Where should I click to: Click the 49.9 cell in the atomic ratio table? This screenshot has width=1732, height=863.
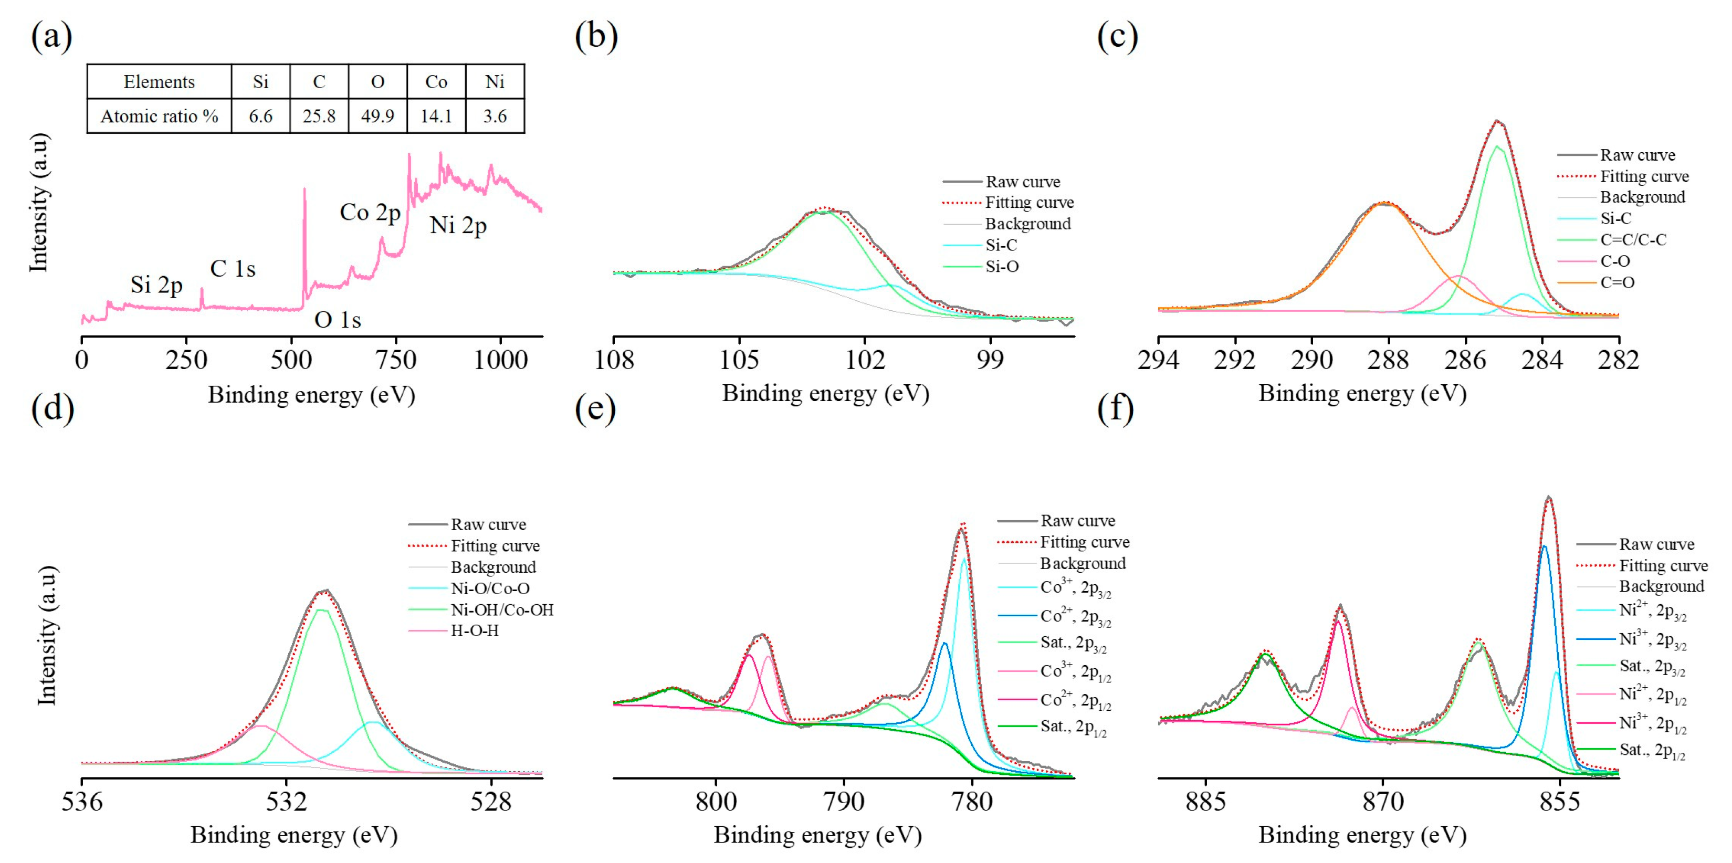point(377,117)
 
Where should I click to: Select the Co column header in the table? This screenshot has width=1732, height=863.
point(436,82)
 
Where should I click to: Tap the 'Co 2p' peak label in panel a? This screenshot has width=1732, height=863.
point(370,213)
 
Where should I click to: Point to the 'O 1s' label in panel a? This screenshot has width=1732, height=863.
point(338,320)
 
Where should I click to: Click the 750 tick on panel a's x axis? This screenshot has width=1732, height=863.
point(396,360)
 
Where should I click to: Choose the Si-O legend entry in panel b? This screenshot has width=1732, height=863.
point(1002,267)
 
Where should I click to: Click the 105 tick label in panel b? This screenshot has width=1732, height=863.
point(739,360)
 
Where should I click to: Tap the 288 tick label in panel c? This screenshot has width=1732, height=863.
point(1388,360)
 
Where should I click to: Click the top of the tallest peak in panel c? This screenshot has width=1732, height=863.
point(1497,122)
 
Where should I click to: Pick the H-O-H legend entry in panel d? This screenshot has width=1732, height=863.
point(475,631)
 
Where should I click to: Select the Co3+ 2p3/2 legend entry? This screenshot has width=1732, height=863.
point(1075,588)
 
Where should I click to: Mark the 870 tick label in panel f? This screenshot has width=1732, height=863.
point(1383,801)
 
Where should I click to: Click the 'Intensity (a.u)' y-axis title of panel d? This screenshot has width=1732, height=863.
point(46,635)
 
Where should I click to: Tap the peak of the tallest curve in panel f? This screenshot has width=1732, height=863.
point(1549,498)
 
